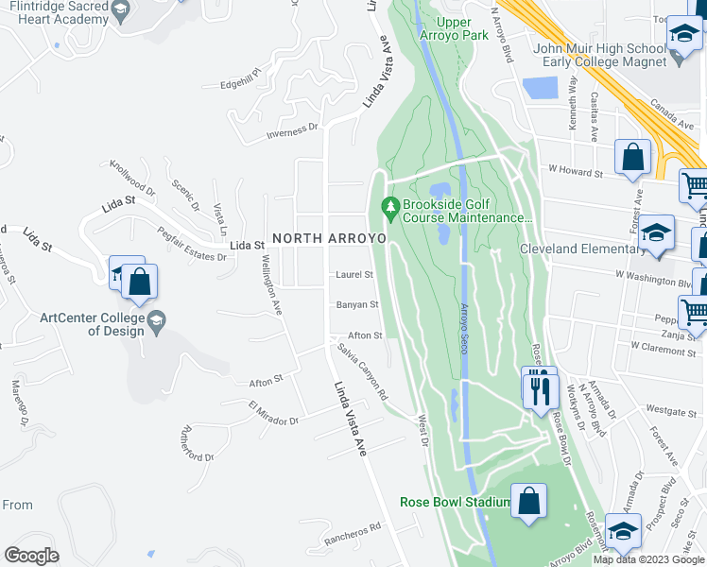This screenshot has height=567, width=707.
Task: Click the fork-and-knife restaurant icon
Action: coord(539,387)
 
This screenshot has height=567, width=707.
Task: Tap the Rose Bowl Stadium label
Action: coord(454,502)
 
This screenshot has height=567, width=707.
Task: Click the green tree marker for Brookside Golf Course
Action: coord(388,205)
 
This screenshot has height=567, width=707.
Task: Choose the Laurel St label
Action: coord(354,275)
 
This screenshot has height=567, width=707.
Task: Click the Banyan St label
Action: coord(357,304)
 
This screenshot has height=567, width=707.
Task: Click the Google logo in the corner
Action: coord(32,556)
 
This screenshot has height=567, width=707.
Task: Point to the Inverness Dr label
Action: coord(292,131)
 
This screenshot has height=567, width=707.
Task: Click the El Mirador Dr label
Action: coord(273,413)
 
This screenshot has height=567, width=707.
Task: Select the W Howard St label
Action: coord(576,173)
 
